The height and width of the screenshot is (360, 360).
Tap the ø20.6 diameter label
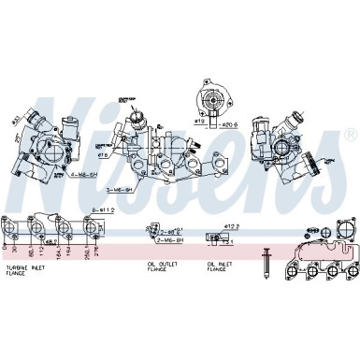tap(228, 122)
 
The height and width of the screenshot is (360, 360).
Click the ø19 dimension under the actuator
tap(200, 121)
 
